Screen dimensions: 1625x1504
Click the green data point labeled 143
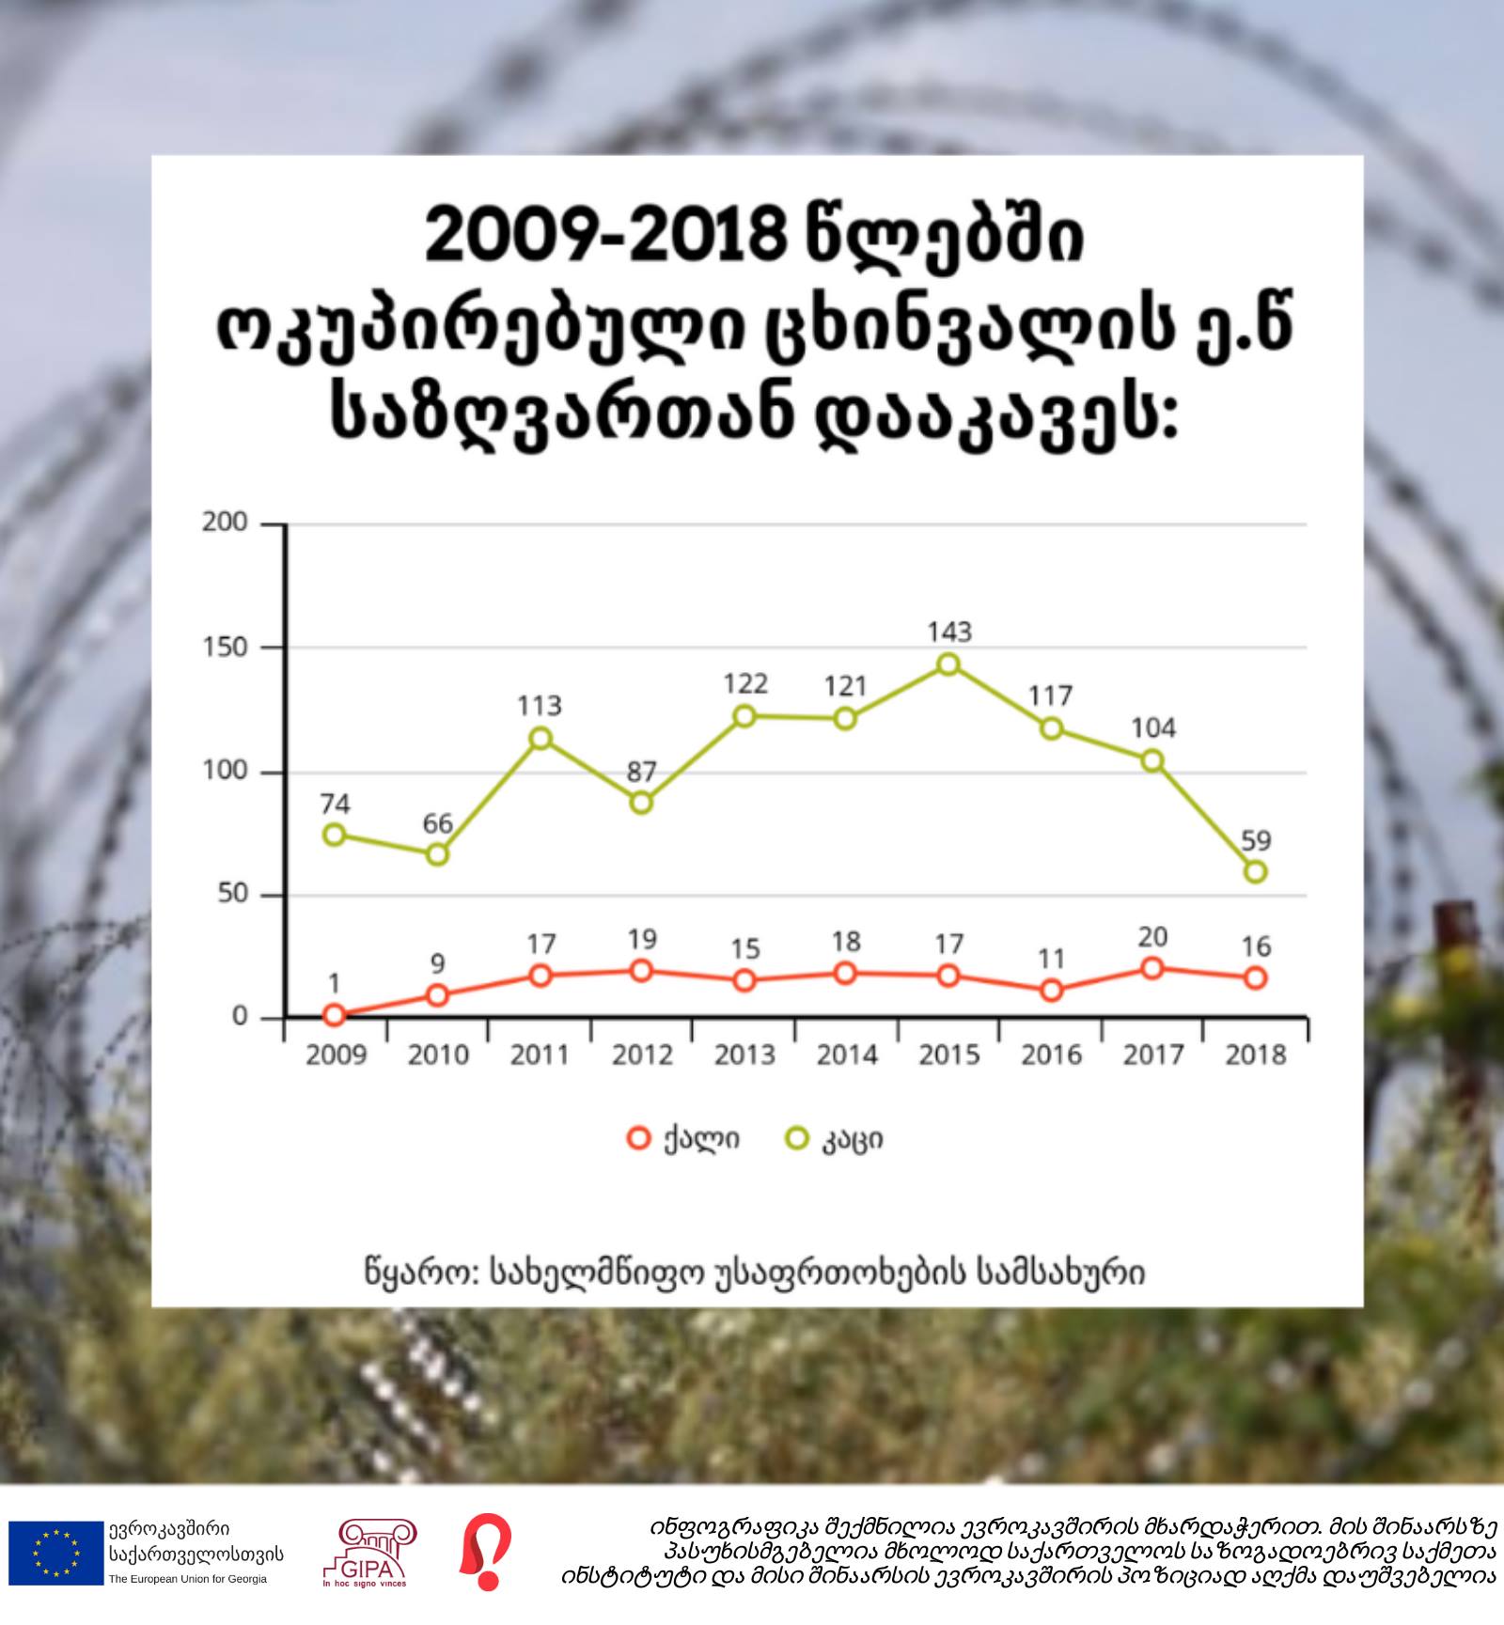click(948, 664)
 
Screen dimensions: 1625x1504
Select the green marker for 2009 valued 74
click(334, 835)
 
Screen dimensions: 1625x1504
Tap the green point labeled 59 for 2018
click(1255, 872)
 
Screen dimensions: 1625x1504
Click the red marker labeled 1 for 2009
click(334, 1015)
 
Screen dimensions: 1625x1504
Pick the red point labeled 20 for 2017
click(1152, 968)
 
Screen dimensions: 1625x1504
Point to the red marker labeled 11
click(1051, 991)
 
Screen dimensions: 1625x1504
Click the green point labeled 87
click(641, 803)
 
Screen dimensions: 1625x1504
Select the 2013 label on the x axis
click(744, 1055)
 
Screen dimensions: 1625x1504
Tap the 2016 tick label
click(1051, 1055)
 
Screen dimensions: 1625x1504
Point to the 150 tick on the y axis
click(226, 648)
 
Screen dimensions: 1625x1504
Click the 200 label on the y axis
click(226, 523)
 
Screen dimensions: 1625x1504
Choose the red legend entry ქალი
click(684, 1139)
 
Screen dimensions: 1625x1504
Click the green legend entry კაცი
click(835, 1140)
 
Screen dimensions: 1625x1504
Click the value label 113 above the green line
click(540, 706)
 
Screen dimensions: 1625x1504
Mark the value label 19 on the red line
click(642, 939)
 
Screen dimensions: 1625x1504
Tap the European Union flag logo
click(55, 1553)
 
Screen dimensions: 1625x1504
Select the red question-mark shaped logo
click(485, 1552)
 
